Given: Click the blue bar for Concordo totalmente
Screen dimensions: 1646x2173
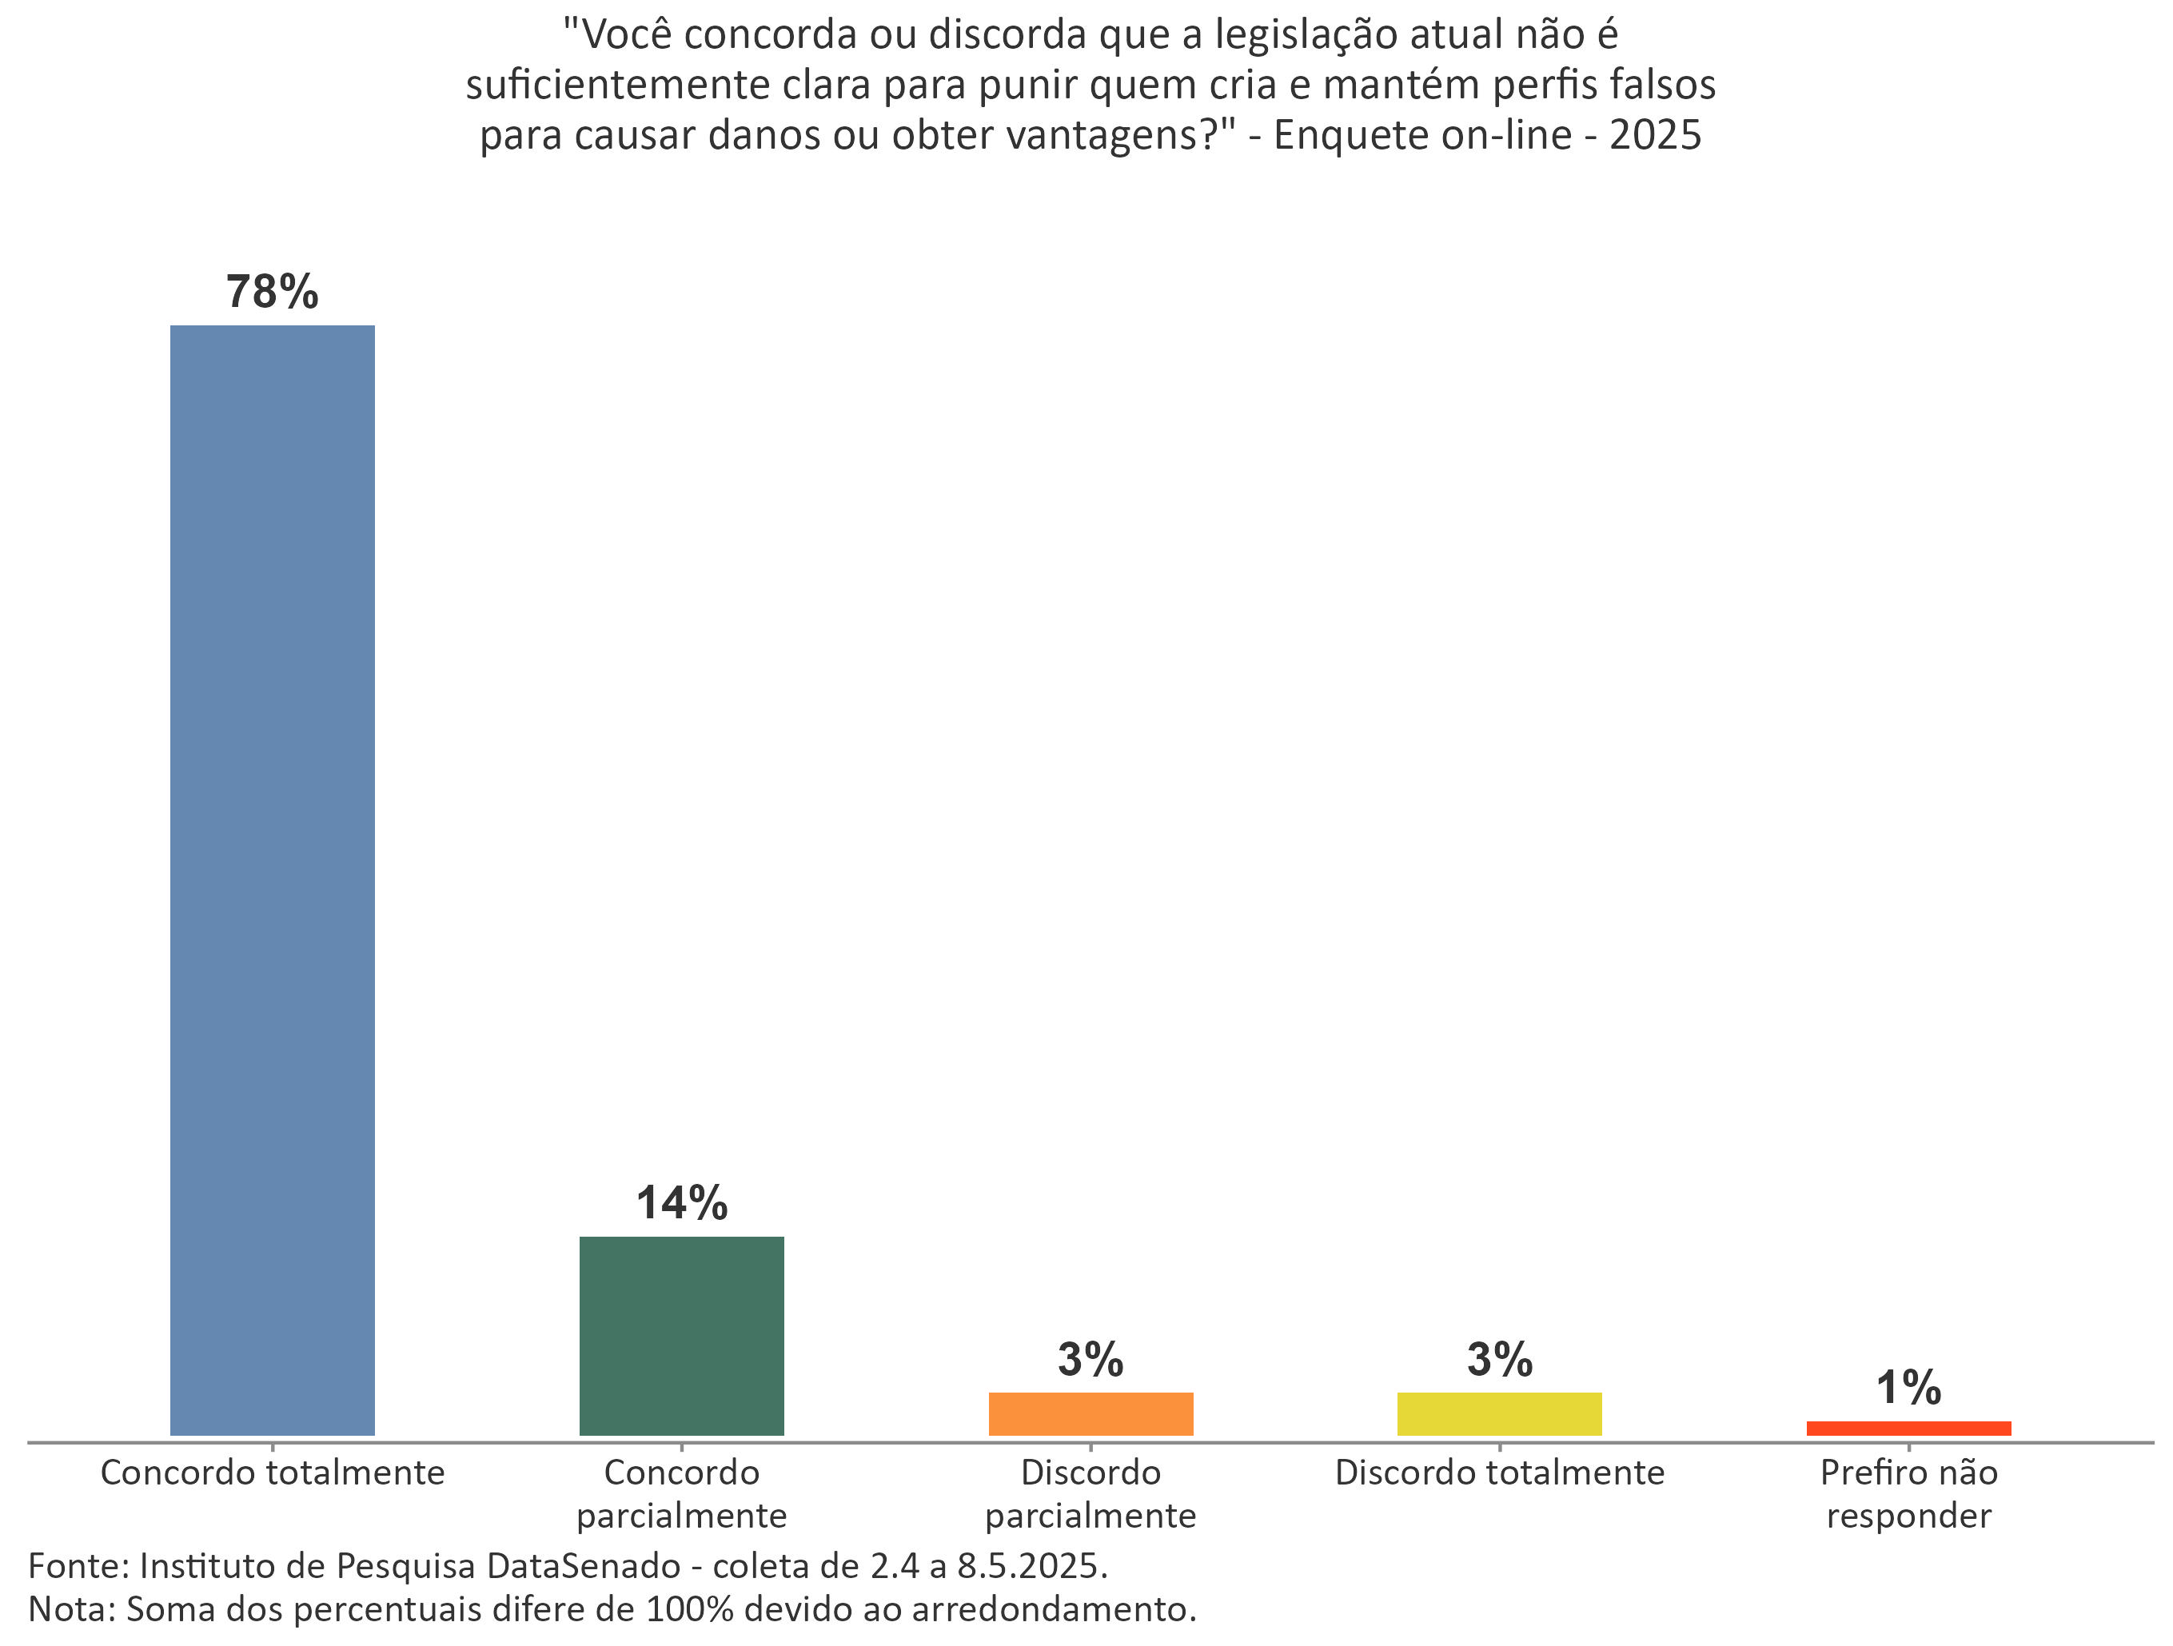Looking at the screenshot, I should coord(272,879).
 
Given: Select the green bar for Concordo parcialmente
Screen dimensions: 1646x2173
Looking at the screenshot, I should coord(682,1336).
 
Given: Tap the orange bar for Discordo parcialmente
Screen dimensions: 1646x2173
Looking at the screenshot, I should coord(1090,1413).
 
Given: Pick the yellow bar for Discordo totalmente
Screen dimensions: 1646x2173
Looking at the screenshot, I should coord(1499,1413).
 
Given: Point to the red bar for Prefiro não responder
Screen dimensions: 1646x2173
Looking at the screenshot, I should coord(1908,1428).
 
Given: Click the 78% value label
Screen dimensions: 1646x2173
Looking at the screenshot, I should coord(272,292).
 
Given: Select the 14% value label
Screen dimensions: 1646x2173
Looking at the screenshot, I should coord(682,1202).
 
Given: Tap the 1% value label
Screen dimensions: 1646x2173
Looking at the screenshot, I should coord(1908,1387).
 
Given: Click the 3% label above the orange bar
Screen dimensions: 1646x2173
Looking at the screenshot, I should coord(1090,1359).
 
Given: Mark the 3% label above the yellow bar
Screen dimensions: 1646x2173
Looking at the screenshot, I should coord(1499,1359).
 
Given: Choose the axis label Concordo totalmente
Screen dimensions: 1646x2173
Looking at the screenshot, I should coord(272,1473).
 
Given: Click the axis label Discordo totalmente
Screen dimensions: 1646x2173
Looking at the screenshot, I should coord(1499,1473).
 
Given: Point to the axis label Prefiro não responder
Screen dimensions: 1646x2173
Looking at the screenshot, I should coord(1908,1494).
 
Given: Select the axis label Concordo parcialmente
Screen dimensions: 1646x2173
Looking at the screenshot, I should coord(682,1494).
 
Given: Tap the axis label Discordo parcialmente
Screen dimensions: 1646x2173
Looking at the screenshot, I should coord(1090,1494).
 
